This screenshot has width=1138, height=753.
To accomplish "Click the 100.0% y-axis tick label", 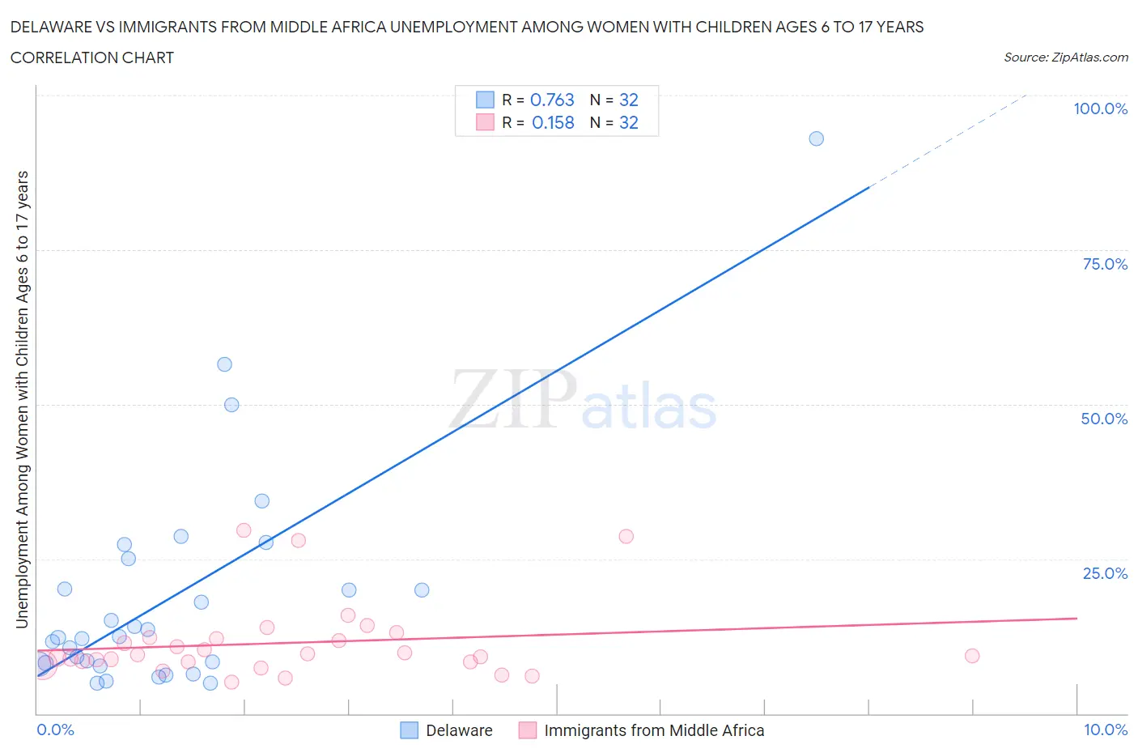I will click(1100, 108).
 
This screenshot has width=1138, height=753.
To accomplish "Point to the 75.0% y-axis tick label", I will click(1105, 264).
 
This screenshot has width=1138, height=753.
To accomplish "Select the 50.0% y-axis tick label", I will click(1104, 419).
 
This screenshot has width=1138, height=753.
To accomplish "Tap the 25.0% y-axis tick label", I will click(1105, 573).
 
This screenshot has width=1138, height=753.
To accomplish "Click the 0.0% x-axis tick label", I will click(55, 730).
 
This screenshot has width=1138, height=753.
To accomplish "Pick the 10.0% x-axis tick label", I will click(1106, 730).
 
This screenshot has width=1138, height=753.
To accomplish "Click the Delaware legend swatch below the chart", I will click(410, 730).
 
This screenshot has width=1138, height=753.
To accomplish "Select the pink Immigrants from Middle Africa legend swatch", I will click(528, 730).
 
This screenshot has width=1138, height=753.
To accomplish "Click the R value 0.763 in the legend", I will click(552, 100).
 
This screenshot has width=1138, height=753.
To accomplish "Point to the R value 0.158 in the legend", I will click(553, 122).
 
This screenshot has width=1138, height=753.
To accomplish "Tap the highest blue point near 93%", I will click(816, 138).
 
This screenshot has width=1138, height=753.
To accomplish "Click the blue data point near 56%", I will click(225, 364).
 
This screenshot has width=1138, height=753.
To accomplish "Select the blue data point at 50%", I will click(231, 405).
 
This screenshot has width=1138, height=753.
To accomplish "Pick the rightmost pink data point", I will click(972, 656).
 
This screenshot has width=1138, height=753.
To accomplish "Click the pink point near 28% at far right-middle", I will click(626, 536).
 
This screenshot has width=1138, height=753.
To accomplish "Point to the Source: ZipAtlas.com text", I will click(1065, 57).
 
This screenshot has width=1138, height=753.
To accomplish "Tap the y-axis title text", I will click(22, 399).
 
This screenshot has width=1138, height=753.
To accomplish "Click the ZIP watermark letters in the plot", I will click(513, 399).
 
